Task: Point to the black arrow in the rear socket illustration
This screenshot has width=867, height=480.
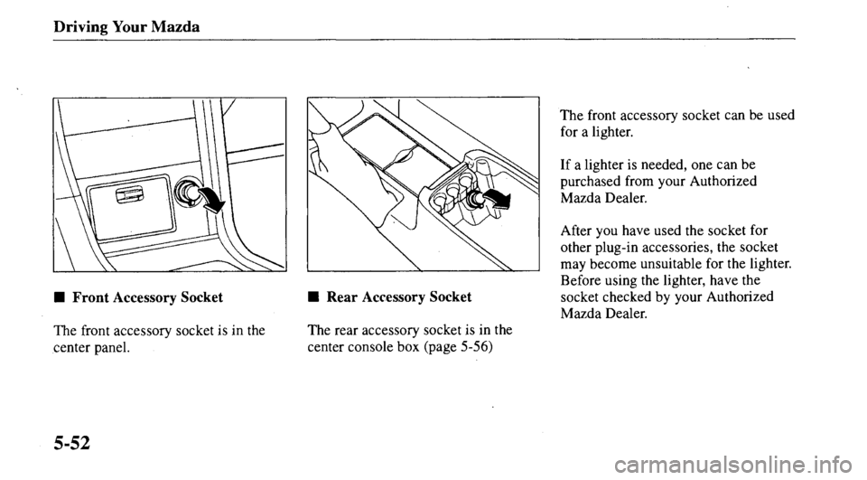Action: [x=497, y=200]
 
